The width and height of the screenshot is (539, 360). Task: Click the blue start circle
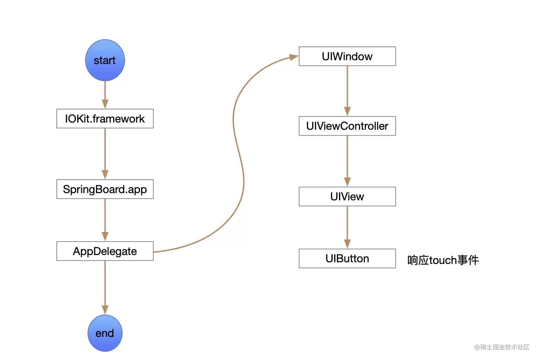coord(105,60)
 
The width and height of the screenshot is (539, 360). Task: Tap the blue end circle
coord(105,333)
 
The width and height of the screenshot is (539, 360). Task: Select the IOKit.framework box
coord(105,119)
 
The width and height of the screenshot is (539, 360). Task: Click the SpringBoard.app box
coord(105,189)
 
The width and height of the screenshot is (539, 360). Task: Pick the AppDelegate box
coord(105,251)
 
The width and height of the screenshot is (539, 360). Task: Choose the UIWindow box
coord(347,56)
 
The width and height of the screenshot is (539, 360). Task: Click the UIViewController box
coord(347,126)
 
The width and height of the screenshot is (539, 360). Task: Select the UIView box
coord(347,197)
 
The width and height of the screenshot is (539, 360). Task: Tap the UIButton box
coord(347,258)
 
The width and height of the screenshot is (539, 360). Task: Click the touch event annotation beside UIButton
coord(443,260)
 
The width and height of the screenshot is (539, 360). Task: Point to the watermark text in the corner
coord(502,347)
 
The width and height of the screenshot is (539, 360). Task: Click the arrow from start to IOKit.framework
coord(105,95)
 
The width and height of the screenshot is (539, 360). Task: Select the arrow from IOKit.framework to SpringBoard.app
coord(105,154)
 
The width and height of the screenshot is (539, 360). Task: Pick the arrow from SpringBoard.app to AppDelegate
coord(105,220)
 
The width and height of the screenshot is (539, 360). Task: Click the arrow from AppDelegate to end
coord(105,288)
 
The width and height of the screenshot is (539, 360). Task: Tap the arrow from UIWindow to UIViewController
coord(347,91)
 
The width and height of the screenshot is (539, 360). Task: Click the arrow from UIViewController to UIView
coord(347,161)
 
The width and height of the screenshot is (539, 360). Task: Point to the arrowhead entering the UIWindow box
coord(294,57)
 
